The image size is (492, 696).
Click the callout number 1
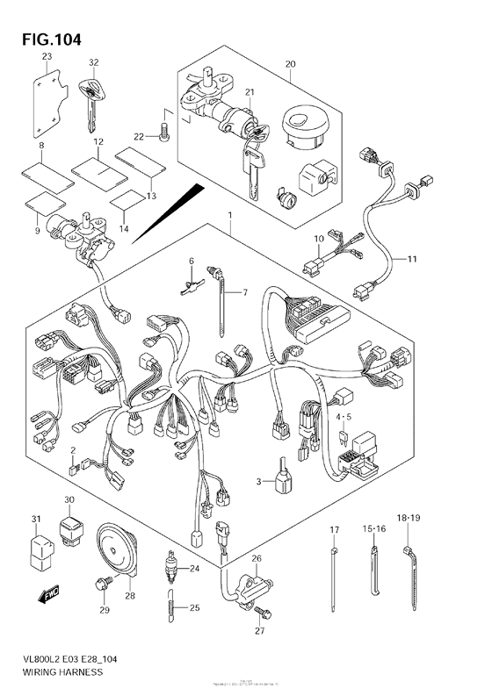pyautogui.click(x=229, y=215)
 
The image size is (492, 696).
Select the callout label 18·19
pyautogui.click(x=408, y=519)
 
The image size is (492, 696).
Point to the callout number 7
pyautogui.click(x=245, y=292)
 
